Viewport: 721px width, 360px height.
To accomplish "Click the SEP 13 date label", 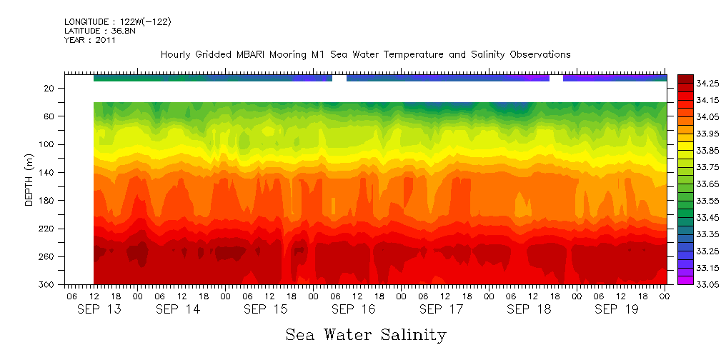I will coord(99,309).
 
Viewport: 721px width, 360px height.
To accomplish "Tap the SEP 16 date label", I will coord(354,309).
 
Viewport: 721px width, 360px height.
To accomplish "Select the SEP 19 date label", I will coord(617,309).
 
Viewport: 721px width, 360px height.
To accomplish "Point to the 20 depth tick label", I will coord(49,88).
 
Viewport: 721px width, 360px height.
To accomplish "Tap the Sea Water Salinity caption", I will coord(366,334).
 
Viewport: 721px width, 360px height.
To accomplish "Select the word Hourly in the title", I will coord(176,54).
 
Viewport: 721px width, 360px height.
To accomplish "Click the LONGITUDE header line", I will coord(117,22).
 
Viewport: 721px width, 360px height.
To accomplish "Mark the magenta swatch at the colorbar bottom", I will coord(685,280).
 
